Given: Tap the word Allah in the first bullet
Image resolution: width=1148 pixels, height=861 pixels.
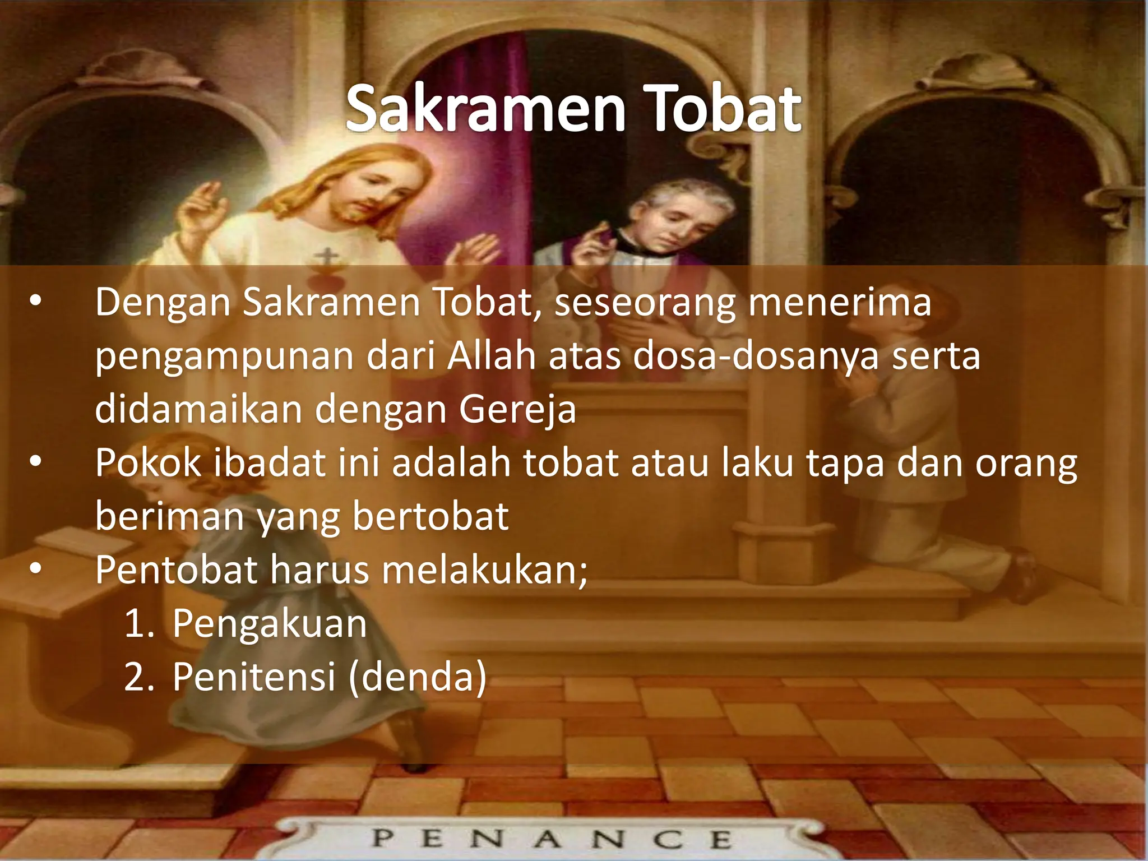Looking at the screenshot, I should [x=491, y=357].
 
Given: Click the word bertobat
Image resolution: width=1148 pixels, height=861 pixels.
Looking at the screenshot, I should [x=430, y=516].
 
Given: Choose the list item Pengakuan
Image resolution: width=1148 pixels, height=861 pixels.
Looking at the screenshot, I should [x=270, y=624].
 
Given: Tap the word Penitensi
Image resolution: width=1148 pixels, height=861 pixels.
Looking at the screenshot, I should [x=254, y=677].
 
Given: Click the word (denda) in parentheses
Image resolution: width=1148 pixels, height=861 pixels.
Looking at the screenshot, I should [x=418, y=677].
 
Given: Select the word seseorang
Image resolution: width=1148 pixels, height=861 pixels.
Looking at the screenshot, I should [x=645, y=303].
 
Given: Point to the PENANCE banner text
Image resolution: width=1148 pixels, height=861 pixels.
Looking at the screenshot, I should [x=552, y=839].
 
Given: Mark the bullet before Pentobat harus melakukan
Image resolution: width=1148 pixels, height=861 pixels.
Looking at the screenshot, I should [x=35, y=569].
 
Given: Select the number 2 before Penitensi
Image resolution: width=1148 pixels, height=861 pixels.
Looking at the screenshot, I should [x=136, y=677].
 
